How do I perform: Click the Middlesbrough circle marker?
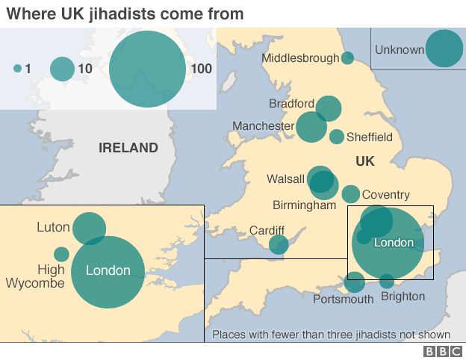tap(347, 58)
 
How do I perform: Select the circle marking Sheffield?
tap(337, 137)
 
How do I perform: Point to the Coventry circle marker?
tap(350, 194)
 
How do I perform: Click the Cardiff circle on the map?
tap(279, 244)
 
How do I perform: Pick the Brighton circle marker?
tap(387, 282)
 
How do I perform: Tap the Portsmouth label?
tap(343, 300)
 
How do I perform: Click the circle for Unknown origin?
tap(444, 49)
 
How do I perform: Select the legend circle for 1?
tap(17, 69)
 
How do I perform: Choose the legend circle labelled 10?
tap(62, 69)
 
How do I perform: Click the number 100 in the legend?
tap(201, 69)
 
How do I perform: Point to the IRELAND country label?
tap(128, 148)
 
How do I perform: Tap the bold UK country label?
tap(364, 161)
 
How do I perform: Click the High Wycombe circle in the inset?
tap(61, 254)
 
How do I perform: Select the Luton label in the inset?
tap(53, 227)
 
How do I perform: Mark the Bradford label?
tap(292, 103)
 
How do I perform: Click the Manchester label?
tap(263, 126)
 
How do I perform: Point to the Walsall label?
tap(285, 179)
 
